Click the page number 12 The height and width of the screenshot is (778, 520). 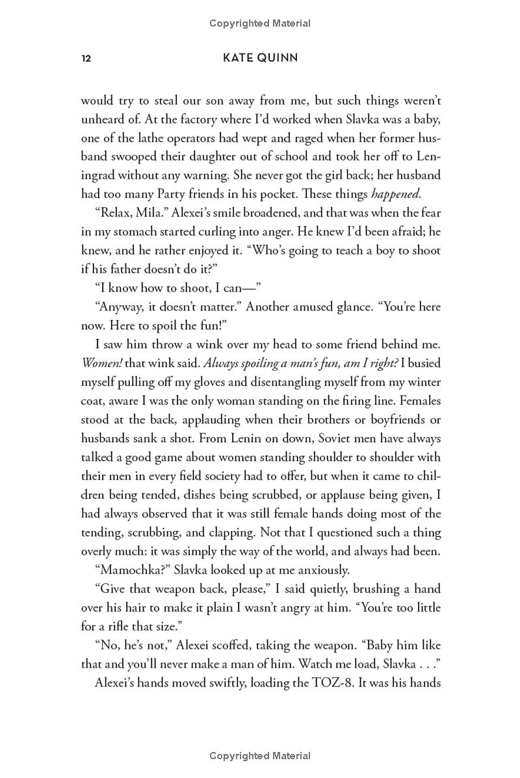click(86, 59)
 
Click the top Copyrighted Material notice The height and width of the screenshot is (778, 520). click(260, 23)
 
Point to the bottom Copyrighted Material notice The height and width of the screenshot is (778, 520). click(260, 755)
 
